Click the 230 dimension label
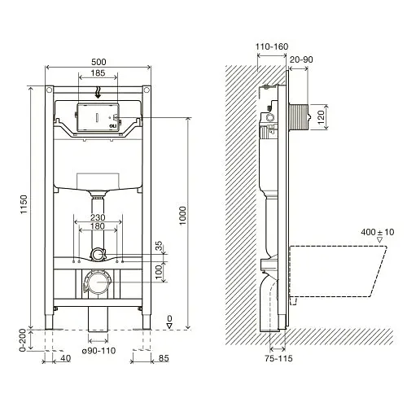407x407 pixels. (98, 216)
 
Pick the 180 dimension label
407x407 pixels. (98, 227)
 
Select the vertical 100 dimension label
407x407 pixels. (160, 269)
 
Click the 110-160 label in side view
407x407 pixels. (272, 48)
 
